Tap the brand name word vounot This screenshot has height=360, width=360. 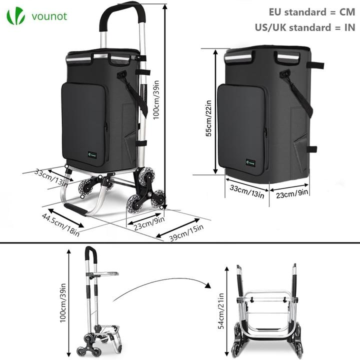48,16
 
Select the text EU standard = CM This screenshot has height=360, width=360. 311,11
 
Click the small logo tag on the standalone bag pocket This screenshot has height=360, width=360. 250,161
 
